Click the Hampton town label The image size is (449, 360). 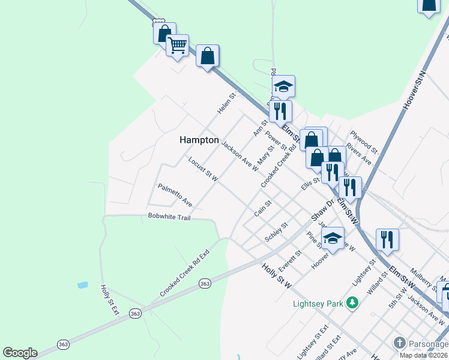199,140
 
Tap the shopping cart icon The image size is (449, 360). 177,45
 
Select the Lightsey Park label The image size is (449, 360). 316,304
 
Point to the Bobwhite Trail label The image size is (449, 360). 169,217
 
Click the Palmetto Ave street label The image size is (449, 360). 175,195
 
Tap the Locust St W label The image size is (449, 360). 202,169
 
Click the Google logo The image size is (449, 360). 20,353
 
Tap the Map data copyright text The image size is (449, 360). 423,355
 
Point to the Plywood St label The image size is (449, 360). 364,141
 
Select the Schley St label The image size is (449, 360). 276,232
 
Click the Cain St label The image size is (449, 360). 263,208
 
